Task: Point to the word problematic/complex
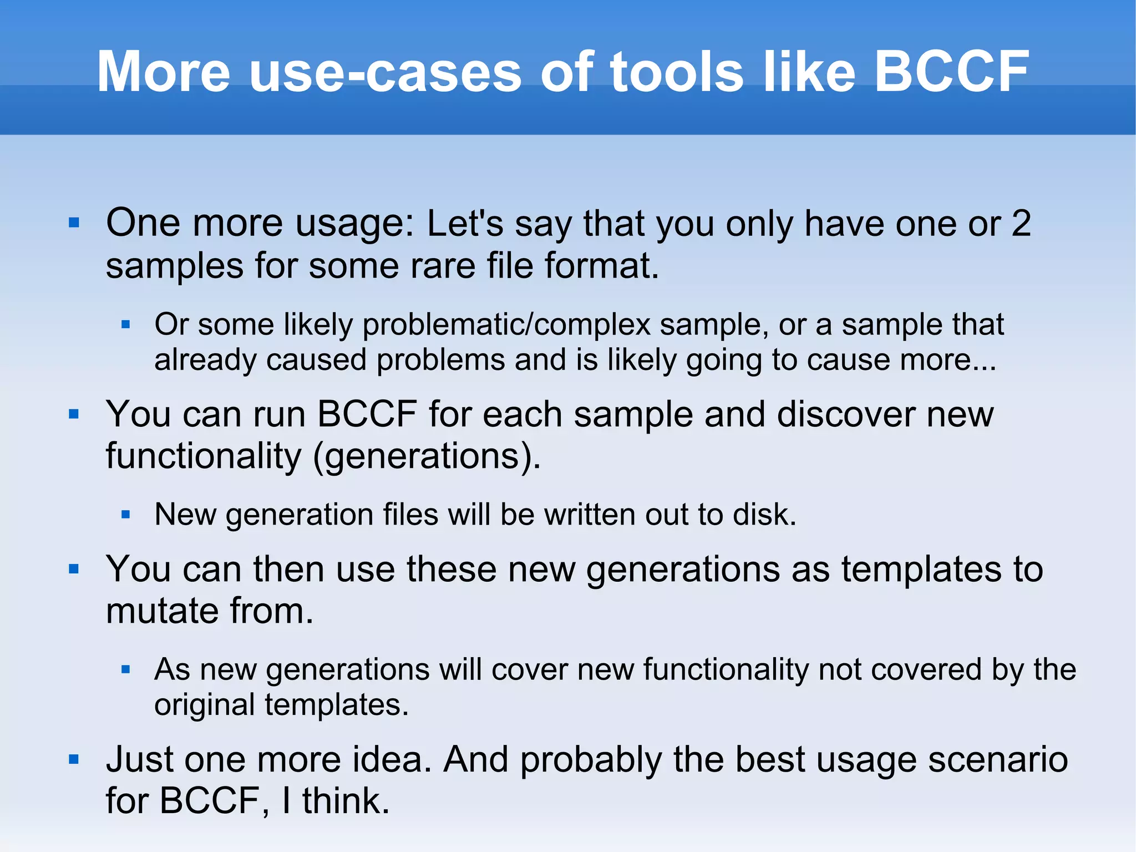(x=506, y=325)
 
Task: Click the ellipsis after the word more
(x=984, y=361)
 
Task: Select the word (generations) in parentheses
(x=426, y=456)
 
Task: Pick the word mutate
(x=162, y=611)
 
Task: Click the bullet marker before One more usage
(x=74, y=223)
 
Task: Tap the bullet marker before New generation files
(x=125, y=515)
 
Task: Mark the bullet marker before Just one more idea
(x=74, y=759)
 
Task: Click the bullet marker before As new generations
(x=125, y=670)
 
